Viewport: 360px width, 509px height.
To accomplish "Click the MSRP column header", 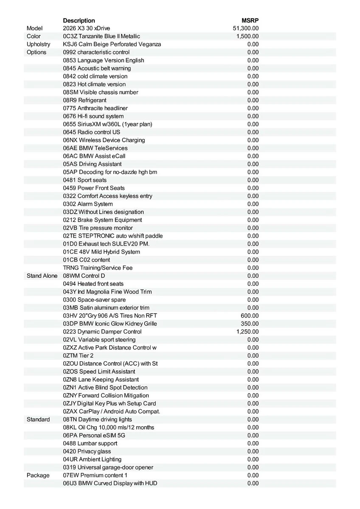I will pyautogui.click(x=250, y=20).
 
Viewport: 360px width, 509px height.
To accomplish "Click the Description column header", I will pyautogui.click(x=79, y=20).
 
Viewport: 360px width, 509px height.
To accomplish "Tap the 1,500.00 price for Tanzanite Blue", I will pyautogui.click(x=247, y=36).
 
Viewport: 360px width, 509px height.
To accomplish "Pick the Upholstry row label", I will pyautogui.click(x=38, y=44).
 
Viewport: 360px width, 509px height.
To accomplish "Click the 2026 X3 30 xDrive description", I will pyautogui.click(x=87, y=28).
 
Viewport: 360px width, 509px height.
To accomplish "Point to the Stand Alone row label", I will pyautogui.click(x=42, y=276).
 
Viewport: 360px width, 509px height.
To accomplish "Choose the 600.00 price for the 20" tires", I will pyautogui.click(x=250, y=316).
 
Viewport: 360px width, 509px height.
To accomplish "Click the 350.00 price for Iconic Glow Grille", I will pyautogui.click(x=250, y=324).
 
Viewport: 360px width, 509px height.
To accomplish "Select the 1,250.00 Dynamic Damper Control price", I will pyautogui.click(x=247, y=332).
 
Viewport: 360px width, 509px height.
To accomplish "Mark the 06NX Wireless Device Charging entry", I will pyautogui.click(x=104, y=140).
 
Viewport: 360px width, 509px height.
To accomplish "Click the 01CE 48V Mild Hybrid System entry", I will pyautogui.click(x=101, y=252).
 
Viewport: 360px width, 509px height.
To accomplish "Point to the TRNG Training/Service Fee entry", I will pyautogui.click(x=98, y=268).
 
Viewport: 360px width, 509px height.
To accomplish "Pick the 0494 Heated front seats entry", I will pyautogui.click(x=93, y=284).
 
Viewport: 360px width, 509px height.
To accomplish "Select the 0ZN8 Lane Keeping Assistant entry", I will pyautogui.click(x=101, y=380).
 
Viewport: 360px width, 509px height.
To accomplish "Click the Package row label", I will pyautogui.click(x=38, y=475).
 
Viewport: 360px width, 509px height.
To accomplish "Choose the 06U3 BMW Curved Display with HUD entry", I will pyautogui.click(x=110, y=483).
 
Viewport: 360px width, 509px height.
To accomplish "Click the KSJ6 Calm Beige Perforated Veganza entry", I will pyautogui.click(x=112, y=44).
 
